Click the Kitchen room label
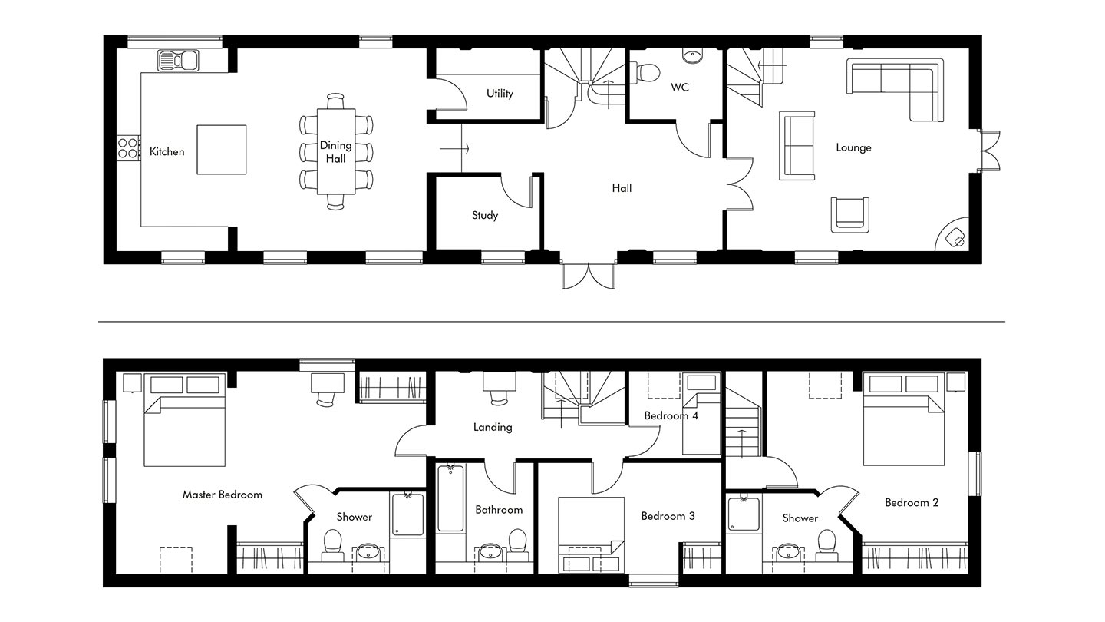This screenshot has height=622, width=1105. [167, 151]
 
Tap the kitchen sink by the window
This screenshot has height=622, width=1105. [178, 61]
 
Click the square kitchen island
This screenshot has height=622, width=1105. [222, 150]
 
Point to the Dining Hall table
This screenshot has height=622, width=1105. [336, 151]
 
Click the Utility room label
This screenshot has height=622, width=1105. [500, 94]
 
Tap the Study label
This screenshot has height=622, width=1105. [485, 215]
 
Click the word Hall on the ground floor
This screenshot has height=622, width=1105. [622, 188]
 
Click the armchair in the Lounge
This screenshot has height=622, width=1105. [850, 215]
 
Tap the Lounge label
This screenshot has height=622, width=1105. [853, 147]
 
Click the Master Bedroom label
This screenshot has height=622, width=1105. [223, 495]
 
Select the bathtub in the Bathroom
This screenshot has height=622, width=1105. [451, 498]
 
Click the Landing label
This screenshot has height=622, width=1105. [493, 427]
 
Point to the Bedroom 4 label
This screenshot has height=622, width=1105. [671, 415]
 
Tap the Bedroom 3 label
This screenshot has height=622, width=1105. [668, 516]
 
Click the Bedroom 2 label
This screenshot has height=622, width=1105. [911, 503]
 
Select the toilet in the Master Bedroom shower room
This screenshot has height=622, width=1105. [333, 545]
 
